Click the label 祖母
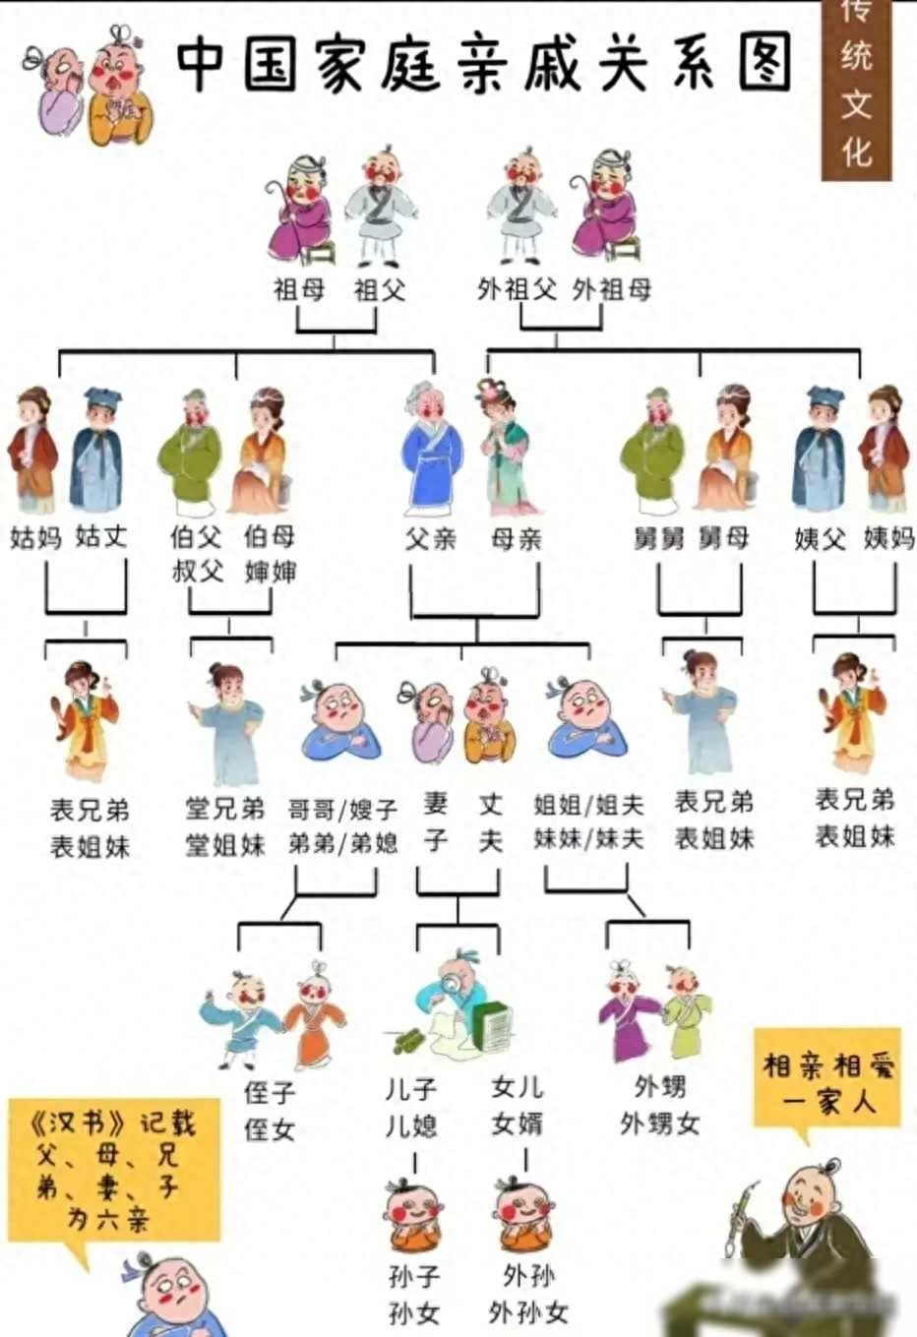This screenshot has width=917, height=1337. coord(299,290)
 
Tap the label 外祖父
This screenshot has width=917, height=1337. coord(517,290)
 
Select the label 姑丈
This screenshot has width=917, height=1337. coord(101,536)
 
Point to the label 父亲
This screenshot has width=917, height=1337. coord(430,539)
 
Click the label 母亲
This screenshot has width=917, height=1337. coord(517,539)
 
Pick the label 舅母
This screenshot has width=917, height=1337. coord(723,537)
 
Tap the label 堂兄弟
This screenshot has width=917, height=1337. coord(225,809)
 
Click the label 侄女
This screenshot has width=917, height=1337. coord(270,1129)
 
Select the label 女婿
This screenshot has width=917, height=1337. coord(518,1124)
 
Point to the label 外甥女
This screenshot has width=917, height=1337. coord(659,1124)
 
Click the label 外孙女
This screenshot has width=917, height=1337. coord(527,1312)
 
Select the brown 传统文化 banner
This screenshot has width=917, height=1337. coord(856,90)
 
